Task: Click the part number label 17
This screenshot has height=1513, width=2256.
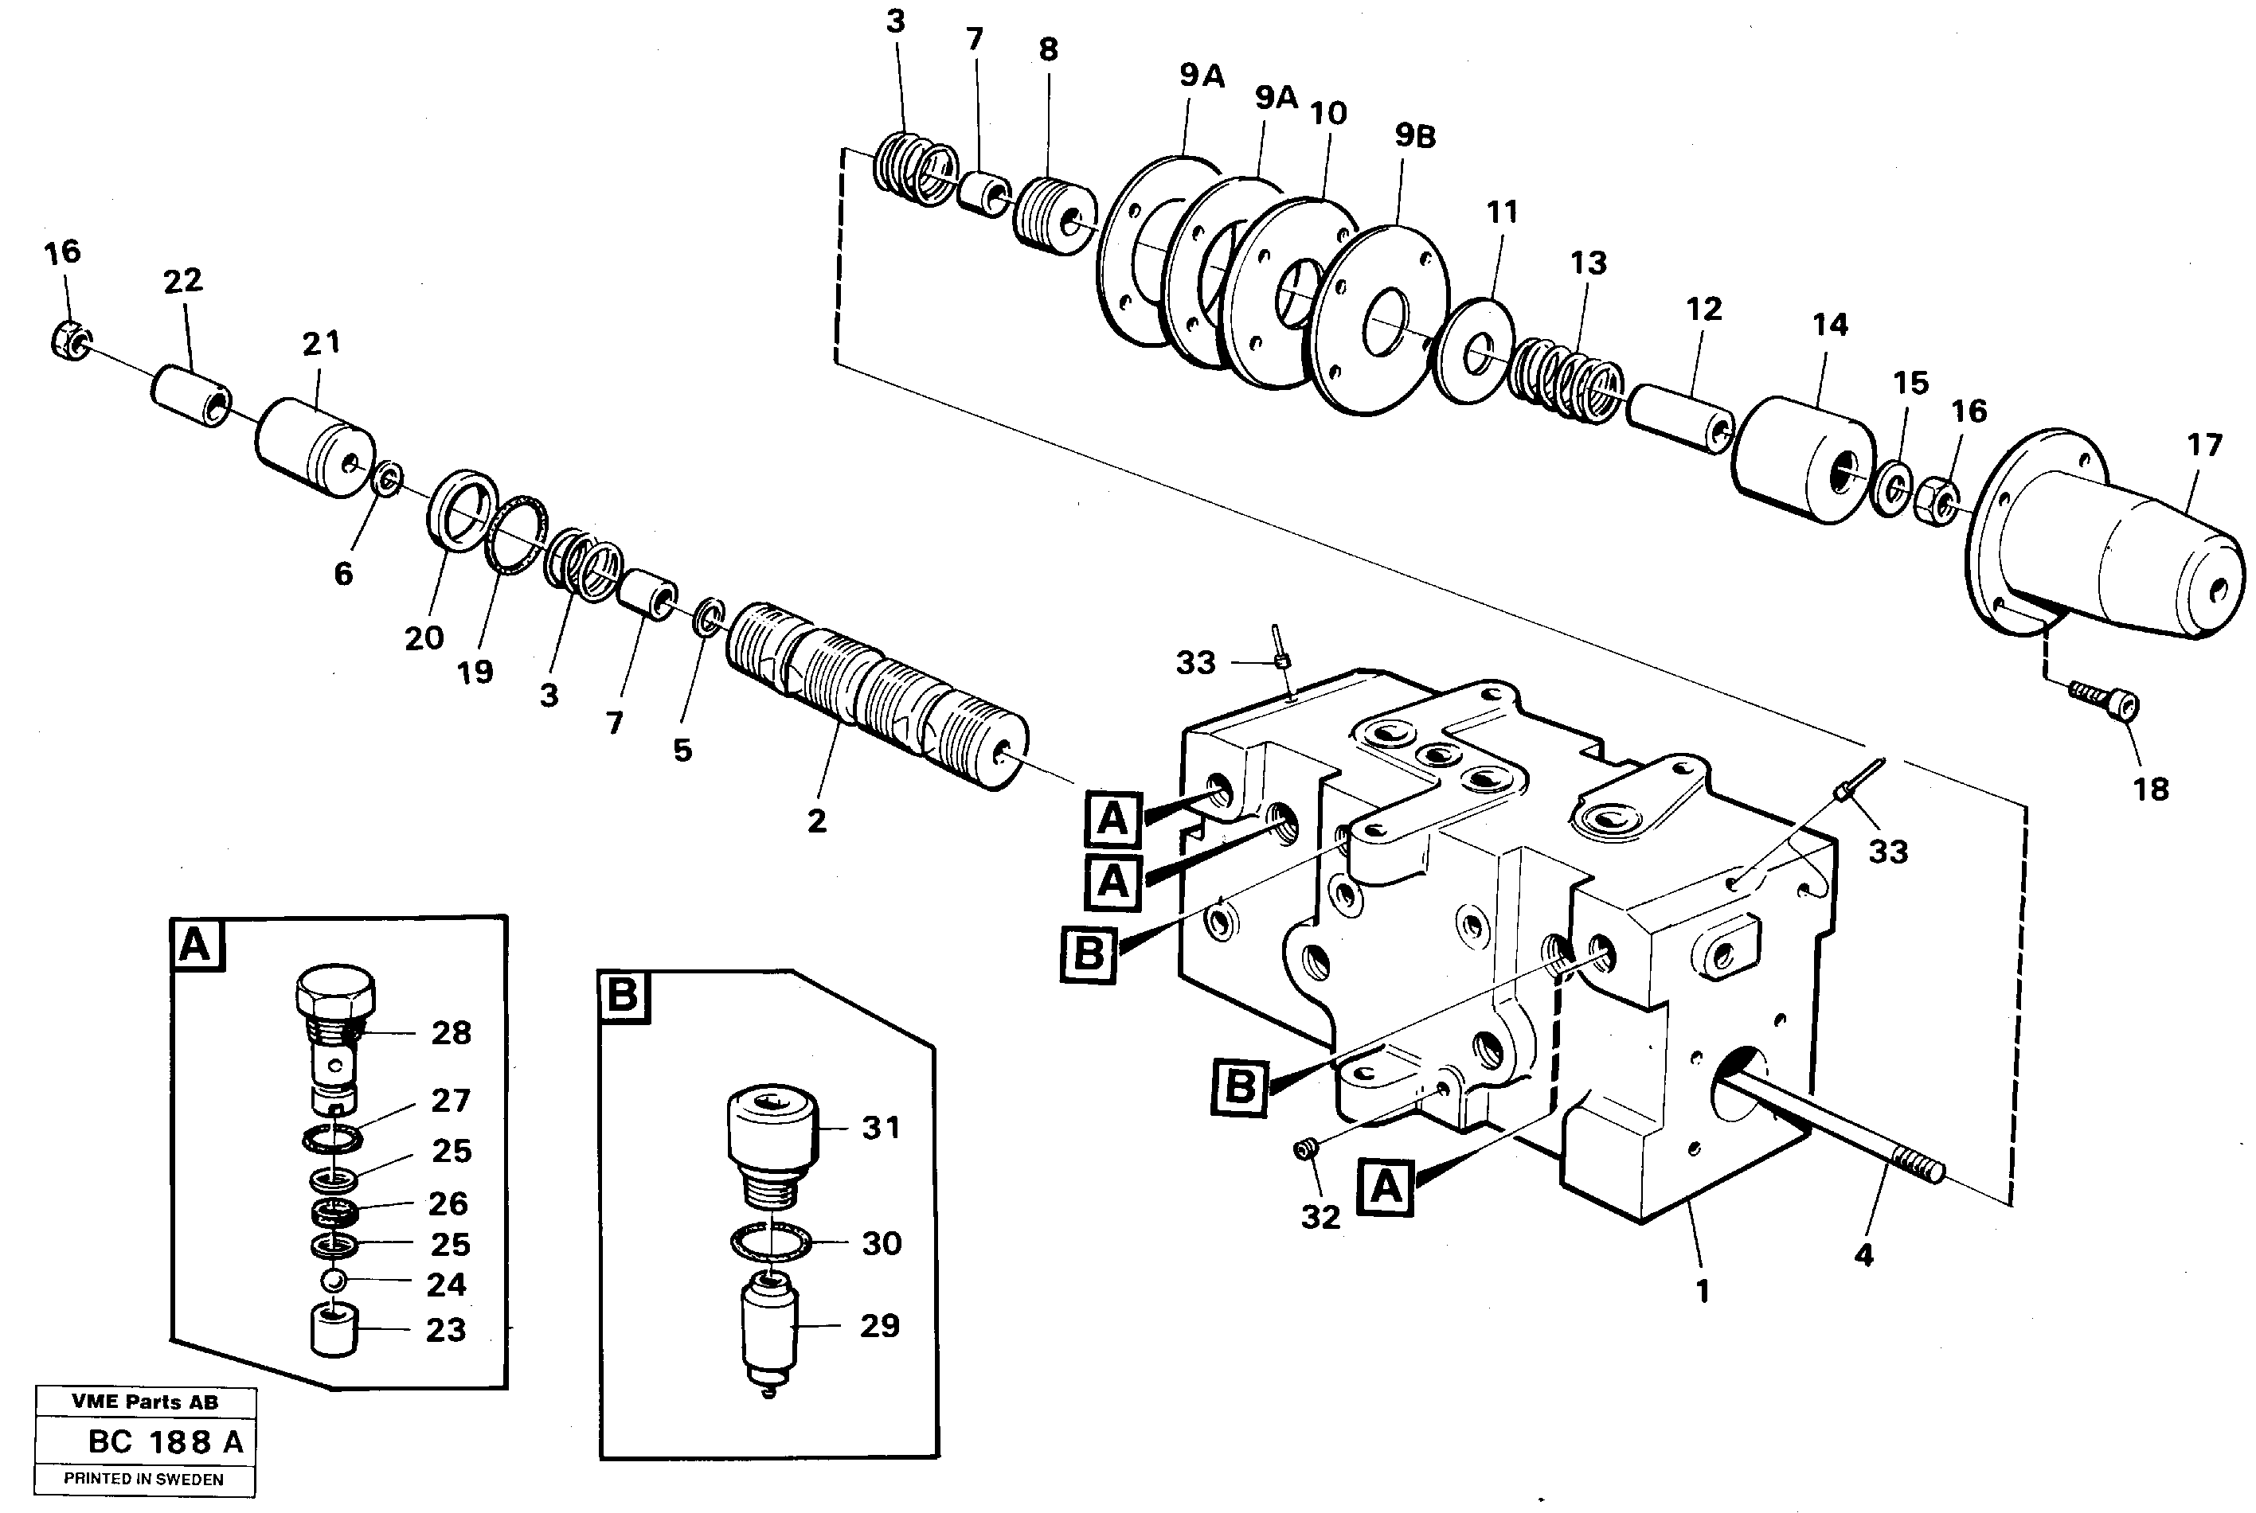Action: pyautogui.click(x=2205, y=446)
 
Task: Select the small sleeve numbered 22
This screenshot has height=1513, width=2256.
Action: pyautogui.click(x=190, y=396)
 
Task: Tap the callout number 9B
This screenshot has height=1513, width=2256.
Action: pyautogui.click(x=1415, y=137)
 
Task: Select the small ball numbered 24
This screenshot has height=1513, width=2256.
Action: pyautogui.click(x=334, y=1281)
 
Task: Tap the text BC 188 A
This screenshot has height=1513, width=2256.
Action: pyautogui.click(x=165, y=1441)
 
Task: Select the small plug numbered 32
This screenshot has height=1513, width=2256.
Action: pyautogui.click(x=1306, y=1148)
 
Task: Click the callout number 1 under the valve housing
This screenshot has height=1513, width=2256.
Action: pyautogui.click(x=1702, y=1291)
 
